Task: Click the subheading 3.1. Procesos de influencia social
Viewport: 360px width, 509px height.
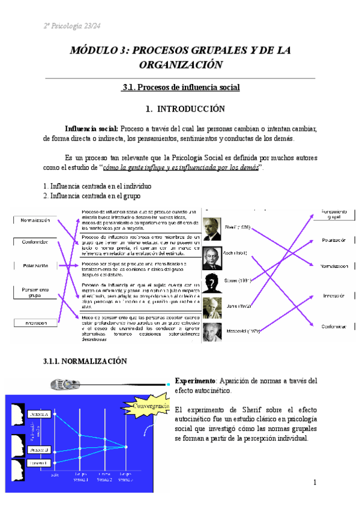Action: point(180,88)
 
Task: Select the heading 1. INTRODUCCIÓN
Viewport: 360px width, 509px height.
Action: point(180,109)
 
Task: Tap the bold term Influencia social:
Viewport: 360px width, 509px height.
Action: point(92,128)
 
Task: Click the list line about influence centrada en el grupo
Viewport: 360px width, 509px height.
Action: point(92,196)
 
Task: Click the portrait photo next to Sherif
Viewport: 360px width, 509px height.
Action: point(212,228)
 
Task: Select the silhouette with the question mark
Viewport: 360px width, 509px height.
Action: point(211,281)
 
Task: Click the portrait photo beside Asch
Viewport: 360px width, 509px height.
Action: point(211,254)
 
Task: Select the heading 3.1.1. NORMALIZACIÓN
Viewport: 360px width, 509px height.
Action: point(86,361)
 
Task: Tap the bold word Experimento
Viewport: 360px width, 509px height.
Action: point(194,381)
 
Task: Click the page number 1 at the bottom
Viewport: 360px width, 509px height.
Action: point(314,483)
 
